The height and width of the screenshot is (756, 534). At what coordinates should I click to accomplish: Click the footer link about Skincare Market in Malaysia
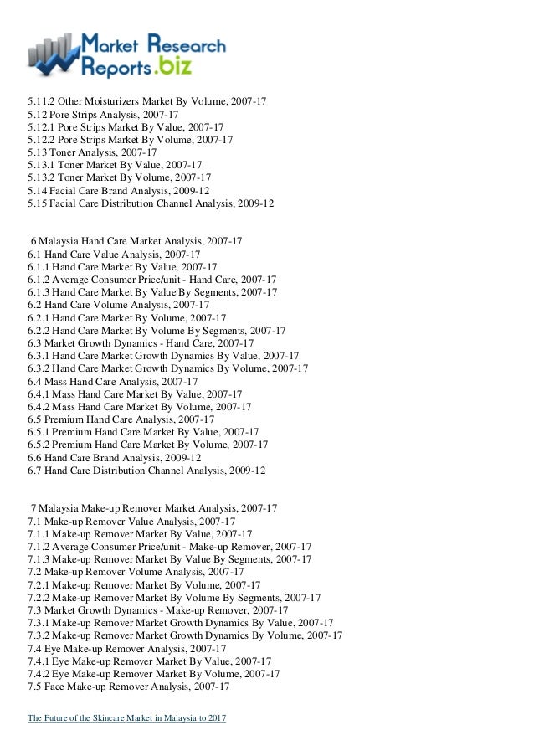[126, 718]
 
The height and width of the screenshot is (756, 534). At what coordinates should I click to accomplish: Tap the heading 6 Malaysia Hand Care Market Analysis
[136, 241]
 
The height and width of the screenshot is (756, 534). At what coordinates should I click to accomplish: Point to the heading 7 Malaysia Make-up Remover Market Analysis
[154, 508]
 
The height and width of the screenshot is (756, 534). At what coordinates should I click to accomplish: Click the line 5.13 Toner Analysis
[92, 152]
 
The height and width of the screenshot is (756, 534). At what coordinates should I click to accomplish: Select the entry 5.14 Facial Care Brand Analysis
[118, 190]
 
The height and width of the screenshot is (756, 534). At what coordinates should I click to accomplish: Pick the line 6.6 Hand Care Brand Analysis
[114, 458]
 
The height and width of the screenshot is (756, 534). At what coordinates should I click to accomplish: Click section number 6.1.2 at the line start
[39, 280]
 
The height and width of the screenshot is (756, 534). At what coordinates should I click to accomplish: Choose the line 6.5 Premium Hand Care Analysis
[121, 419]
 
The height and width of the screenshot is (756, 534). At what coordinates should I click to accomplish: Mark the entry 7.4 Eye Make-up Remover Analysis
[126, 648]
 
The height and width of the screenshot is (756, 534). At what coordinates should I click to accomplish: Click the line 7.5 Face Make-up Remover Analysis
[129, 687]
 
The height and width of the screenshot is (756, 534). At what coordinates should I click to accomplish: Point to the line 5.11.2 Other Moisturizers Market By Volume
[147, 101]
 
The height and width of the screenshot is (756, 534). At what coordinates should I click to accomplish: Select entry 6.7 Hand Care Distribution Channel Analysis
[146, 471]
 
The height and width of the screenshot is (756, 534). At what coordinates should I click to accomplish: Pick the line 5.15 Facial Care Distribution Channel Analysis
[151, 203]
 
